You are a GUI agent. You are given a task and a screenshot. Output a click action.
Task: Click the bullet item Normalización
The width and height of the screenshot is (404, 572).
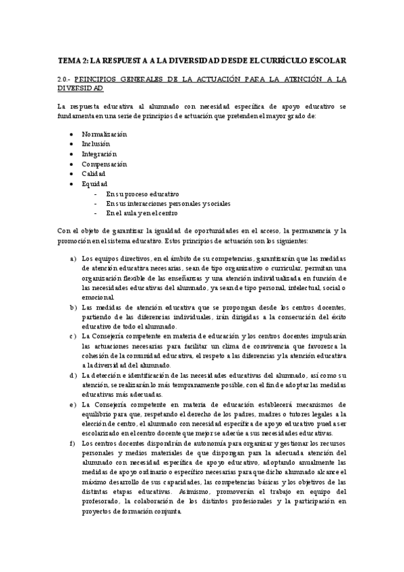[x=104, y=134]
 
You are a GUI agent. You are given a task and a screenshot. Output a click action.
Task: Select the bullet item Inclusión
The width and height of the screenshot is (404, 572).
[x=96, y=144]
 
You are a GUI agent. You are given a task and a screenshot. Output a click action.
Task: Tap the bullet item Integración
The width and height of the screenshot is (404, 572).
[x=98, y=154]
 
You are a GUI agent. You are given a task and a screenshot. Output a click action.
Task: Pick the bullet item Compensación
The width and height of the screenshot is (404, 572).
[x=104, y=164]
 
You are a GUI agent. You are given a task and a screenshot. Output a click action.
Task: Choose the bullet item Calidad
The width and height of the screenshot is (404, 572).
[x=94, y=173]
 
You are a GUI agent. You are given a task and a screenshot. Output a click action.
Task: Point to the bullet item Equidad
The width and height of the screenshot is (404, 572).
[x=94, y=183]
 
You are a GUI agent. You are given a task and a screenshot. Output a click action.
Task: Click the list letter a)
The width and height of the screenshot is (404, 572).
[x=74, y=258]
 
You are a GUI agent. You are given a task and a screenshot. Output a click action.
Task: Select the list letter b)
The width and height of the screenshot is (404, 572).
[x=74, y=307]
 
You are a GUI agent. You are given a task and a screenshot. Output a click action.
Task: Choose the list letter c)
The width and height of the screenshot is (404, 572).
[x=74, y=336]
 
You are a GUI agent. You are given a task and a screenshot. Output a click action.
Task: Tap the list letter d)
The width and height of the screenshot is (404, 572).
[x=74, y=375]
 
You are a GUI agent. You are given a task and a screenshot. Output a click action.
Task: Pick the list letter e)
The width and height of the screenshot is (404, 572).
[x=74, y=404]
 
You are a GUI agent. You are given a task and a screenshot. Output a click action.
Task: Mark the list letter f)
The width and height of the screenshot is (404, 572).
[x=74, y=443]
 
